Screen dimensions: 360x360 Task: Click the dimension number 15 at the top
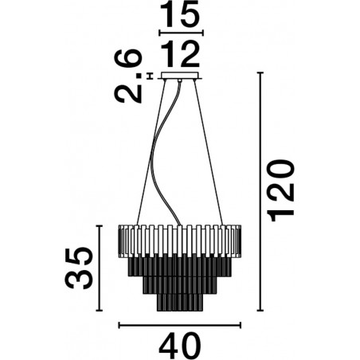click(x=180, y=14)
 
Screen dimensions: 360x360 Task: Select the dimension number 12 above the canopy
click(x=180, y=55)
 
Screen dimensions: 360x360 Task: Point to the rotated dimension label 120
click(x=281, y=190)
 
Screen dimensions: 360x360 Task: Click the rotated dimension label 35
click(x=79, y=268)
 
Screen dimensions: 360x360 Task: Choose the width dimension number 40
click(x=181, y=345)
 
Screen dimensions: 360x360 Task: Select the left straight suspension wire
click(x=151, y=152)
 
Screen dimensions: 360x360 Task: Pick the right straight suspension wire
click(x=209, y=152)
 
